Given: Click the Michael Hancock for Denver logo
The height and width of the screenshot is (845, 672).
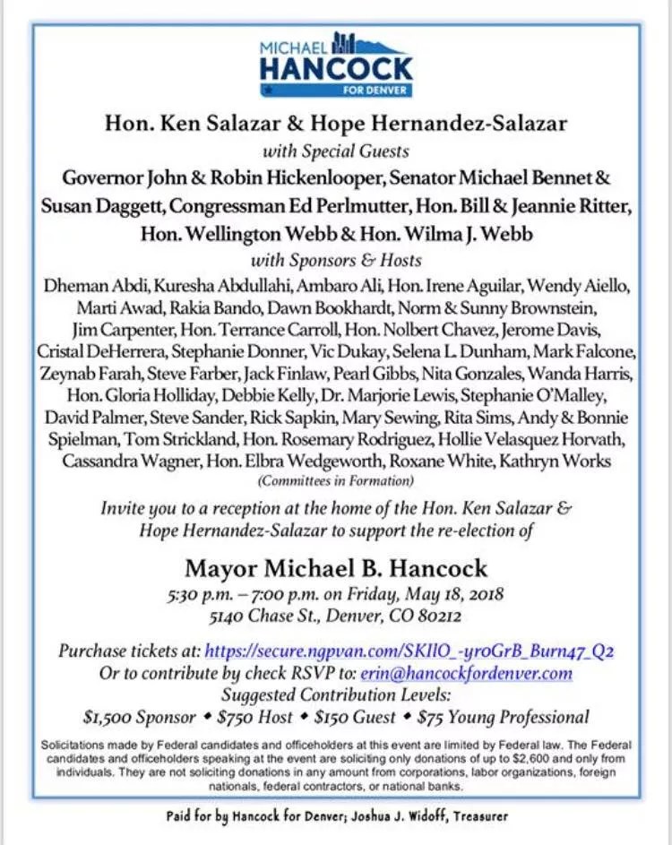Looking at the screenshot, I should pyautogui.click(x=336, y=65).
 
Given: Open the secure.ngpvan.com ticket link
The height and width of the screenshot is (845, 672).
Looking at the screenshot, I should pyautogui.click(x=409, y=651).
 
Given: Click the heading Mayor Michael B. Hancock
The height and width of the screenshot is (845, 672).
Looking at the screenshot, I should pyautogui.click(x=336, y=568).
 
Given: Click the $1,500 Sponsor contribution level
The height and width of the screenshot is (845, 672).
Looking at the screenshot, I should pyautogui.click(x=139, y=717).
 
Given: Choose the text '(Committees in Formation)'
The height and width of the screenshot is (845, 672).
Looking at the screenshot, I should pyautogui.click(x=336, y=481).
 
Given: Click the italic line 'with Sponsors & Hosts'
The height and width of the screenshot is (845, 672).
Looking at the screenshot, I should pyautogui.click(x=336, y=261).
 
